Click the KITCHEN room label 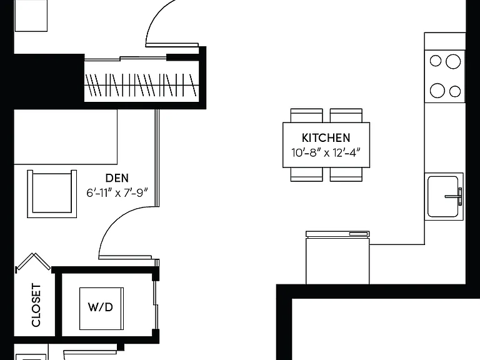(326, 138)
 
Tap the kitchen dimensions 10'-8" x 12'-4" (326, 152)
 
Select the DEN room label (117, 178)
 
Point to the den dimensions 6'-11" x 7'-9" (117, 193)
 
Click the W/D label (101, 307)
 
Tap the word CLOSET (36, 305)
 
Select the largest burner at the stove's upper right (453, 61)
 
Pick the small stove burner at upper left (436, 61)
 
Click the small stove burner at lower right (455, 91)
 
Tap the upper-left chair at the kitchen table (306, 116)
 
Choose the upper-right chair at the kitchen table (346, 116)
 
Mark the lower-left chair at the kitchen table (306, 174)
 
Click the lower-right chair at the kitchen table (346, 174)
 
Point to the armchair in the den (52, 194)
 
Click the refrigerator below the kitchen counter (337, 257)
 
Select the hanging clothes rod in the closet (141, 85)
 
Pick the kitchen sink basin (443, 196)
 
